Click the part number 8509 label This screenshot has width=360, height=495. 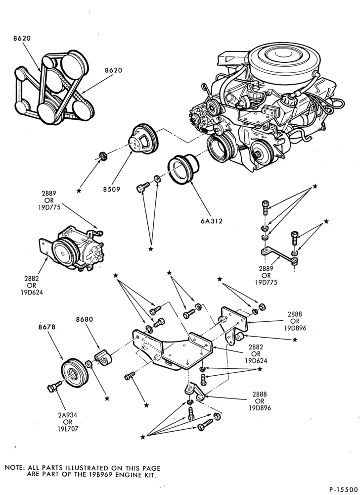click(112, 190)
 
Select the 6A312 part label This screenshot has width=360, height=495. click(212, 221)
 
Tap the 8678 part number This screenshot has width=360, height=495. click(47, 327)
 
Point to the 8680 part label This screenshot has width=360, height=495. click(85, 319)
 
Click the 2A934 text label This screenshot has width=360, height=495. click(67, 415)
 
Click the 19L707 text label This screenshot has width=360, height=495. click(67, 429)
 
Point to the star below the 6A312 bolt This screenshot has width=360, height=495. click(151, 249)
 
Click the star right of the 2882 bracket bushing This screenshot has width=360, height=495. click(295, 340)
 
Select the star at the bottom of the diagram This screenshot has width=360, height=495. click(142, 437)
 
